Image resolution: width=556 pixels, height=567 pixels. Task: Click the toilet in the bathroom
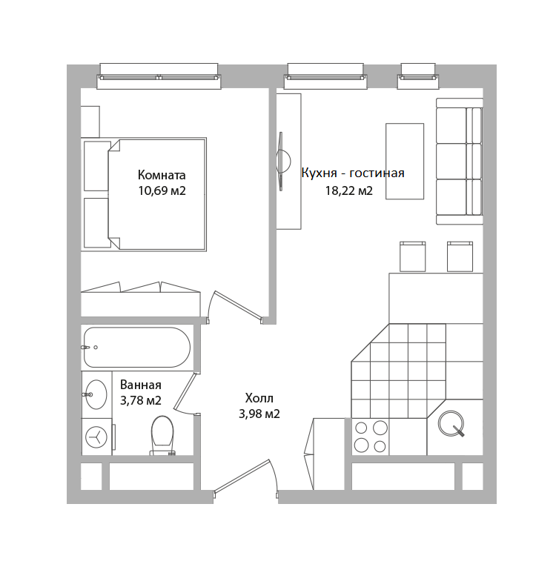click(x=162, y=435)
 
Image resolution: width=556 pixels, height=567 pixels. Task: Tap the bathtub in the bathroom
click(x=137, y=347)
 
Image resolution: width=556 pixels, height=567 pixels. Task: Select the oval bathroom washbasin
click(x=96, y=394)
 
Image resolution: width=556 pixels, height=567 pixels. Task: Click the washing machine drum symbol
click(x=96, y=437)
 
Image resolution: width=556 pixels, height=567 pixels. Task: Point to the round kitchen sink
click(x=451, y=423)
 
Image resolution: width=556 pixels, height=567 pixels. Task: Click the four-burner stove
click(x=371, y=437)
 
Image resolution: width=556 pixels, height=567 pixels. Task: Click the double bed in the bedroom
click(x=157, y=194)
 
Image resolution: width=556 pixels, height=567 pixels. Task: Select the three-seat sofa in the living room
click(x=459, y=162)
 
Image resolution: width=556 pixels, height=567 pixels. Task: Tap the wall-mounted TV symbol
click(x=282, y=161)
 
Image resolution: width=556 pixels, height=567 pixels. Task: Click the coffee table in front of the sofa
click(x=405, y=161)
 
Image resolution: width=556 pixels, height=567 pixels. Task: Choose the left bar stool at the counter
click(x=412, y=256)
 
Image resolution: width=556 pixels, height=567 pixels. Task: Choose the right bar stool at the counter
click(x=460, y=256)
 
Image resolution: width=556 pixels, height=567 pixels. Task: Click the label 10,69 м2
click(x=162, y=190)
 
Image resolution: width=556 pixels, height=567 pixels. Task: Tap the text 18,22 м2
click(x=348, y=190)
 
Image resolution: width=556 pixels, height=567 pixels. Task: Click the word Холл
click(x=259, y=398)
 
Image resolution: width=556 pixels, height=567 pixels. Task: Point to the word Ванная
click(x=140, y=385)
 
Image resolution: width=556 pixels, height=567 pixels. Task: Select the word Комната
click(x=162, y=175)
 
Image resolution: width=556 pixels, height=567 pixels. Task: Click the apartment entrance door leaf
click(x=242, y=476)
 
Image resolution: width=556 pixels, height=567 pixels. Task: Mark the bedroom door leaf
click(x=238, y=305)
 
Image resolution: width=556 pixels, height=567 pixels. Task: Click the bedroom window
click(x=159, y=76)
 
